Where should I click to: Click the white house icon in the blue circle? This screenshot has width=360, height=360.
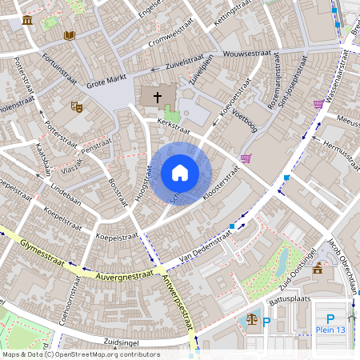point(180,173)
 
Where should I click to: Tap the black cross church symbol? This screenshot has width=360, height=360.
point(158,98)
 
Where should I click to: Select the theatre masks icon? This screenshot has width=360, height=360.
point(77,106)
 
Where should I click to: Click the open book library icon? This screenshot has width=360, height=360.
point(69,35)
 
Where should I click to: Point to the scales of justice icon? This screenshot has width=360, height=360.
point(252,318)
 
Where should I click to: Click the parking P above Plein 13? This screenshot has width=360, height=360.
point(330,318)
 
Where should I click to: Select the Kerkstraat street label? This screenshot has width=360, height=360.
point(174,125)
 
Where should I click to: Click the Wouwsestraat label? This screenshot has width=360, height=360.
point(245,56)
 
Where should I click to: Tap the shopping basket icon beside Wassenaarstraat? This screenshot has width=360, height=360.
point(318,104)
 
